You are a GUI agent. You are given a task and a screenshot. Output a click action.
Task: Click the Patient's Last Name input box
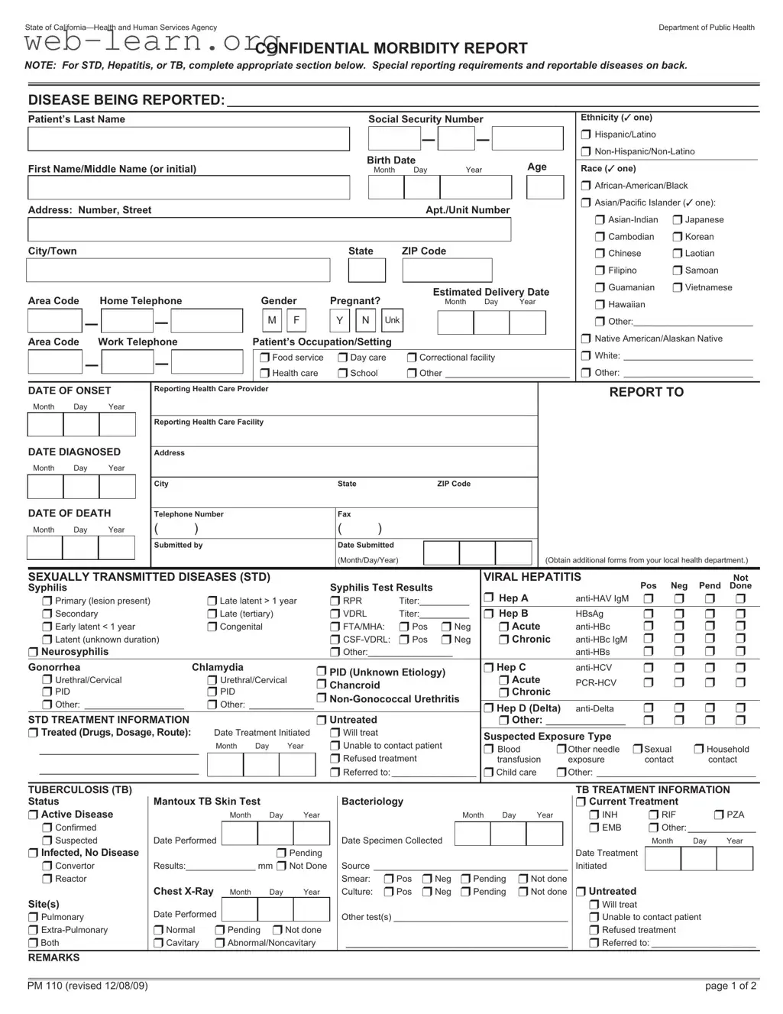[x=188, y=139]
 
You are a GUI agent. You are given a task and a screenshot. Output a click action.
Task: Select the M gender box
[x=272, y=321]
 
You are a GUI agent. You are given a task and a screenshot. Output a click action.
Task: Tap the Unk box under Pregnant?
[x=392, y=321]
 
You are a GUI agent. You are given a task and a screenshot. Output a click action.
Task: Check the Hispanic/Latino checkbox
[x=586, y=135]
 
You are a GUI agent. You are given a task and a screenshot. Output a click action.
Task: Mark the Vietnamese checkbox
[x=678, y=288]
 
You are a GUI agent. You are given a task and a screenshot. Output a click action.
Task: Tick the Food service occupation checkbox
[x=265, y=358]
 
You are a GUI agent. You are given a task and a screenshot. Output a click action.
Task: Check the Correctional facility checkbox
[x=412, y=358]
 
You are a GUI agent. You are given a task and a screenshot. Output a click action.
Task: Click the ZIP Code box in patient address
[x=447, y=270]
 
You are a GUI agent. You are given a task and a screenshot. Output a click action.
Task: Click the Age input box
[x=545, y=187]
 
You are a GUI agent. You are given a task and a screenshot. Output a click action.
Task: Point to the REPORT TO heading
[x=646, y=392]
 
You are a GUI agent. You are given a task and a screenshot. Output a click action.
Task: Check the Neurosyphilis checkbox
[x=34, y=653]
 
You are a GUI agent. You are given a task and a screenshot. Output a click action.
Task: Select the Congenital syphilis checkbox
[x=212, y=627]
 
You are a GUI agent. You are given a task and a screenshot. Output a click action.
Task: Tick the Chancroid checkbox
[x=322, y=685]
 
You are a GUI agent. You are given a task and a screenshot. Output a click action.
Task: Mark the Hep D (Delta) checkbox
[x=489, y=708]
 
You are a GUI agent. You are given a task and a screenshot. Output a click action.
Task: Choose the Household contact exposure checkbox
[x=698, y=750]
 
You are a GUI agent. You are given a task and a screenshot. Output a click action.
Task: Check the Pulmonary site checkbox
[x=34, y=918]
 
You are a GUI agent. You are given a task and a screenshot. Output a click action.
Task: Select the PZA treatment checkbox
[x=719, y=815]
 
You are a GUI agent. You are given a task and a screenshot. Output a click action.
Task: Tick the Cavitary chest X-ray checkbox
[x=159, y=943]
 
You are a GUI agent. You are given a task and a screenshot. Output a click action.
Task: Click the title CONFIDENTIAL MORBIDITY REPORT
[x=391, y=49]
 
